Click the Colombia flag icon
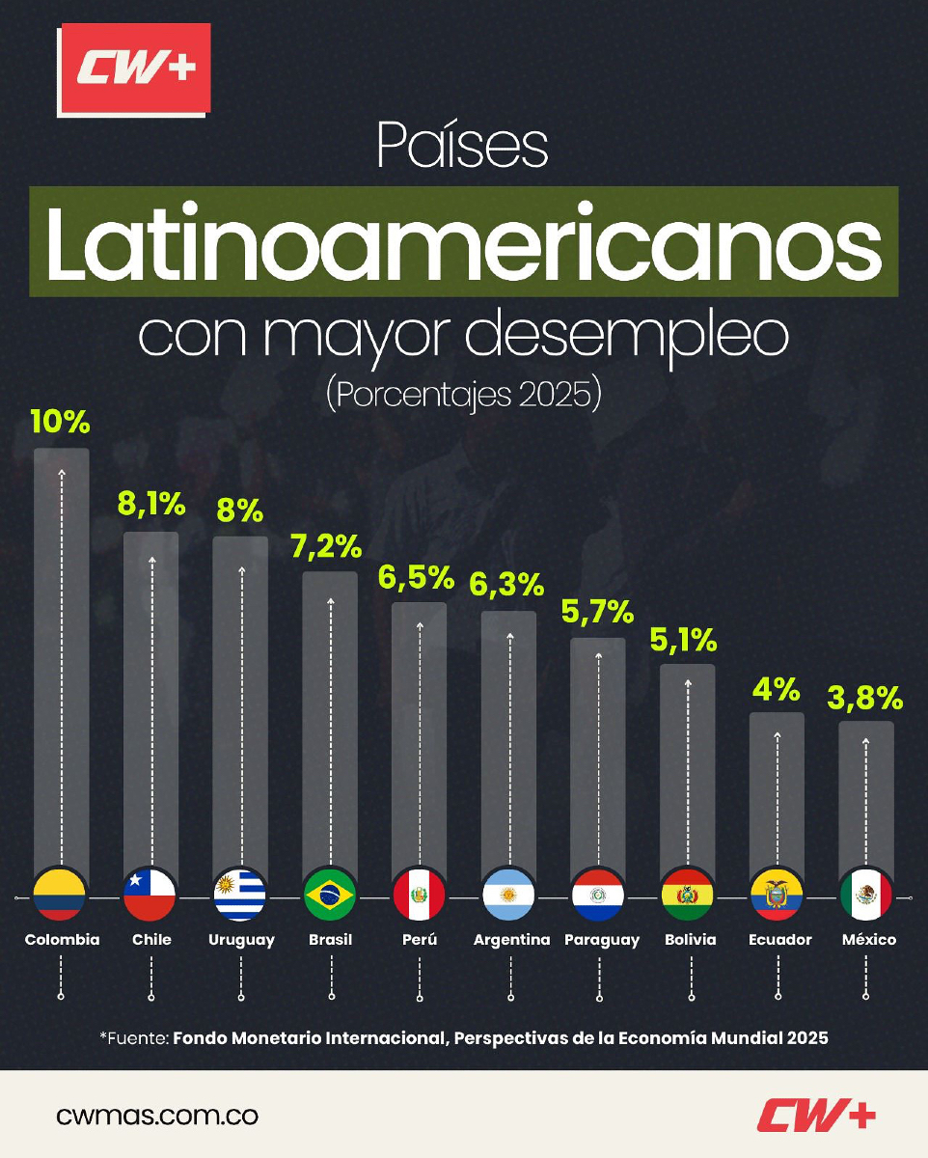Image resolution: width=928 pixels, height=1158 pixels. click(x=61, y=895)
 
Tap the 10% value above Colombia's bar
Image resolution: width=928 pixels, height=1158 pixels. click(x=60, y=422)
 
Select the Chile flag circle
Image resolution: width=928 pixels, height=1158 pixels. click(x=150, y=895)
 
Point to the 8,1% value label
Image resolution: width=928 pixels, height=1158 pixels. click(x=151, y=504)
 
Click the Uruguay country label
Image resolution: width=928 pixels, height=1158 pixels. click(x=241, y=940)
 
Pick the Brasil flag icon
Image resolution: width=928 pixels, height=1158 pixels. click(x=330, y=895)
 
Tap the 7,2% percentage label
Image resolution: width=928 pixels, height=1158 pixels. click(x=329, y=546)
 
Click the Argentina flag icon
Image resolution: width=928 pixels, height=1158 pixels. click(x=508, y=895)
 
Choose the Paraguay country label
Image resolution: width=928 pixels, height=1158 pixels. click(x=602, y=940)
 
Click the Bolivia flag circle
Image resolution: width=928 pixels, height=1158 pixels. click(x=688, y=895)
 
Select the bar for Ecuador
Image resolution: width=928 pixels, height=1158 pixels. click(x=777, y=791)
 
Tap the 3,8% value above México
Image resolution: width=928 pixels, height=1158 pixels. click(x=866, y=697)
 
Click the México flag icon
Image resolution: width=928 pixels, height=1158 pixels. click(x=866, y=895)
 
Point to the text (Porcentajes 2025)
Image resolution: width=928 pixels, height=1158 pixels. click(x=464, y=395)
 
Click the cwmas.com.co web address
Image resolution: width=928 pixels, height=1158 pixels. click(x=157, y=1117)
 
